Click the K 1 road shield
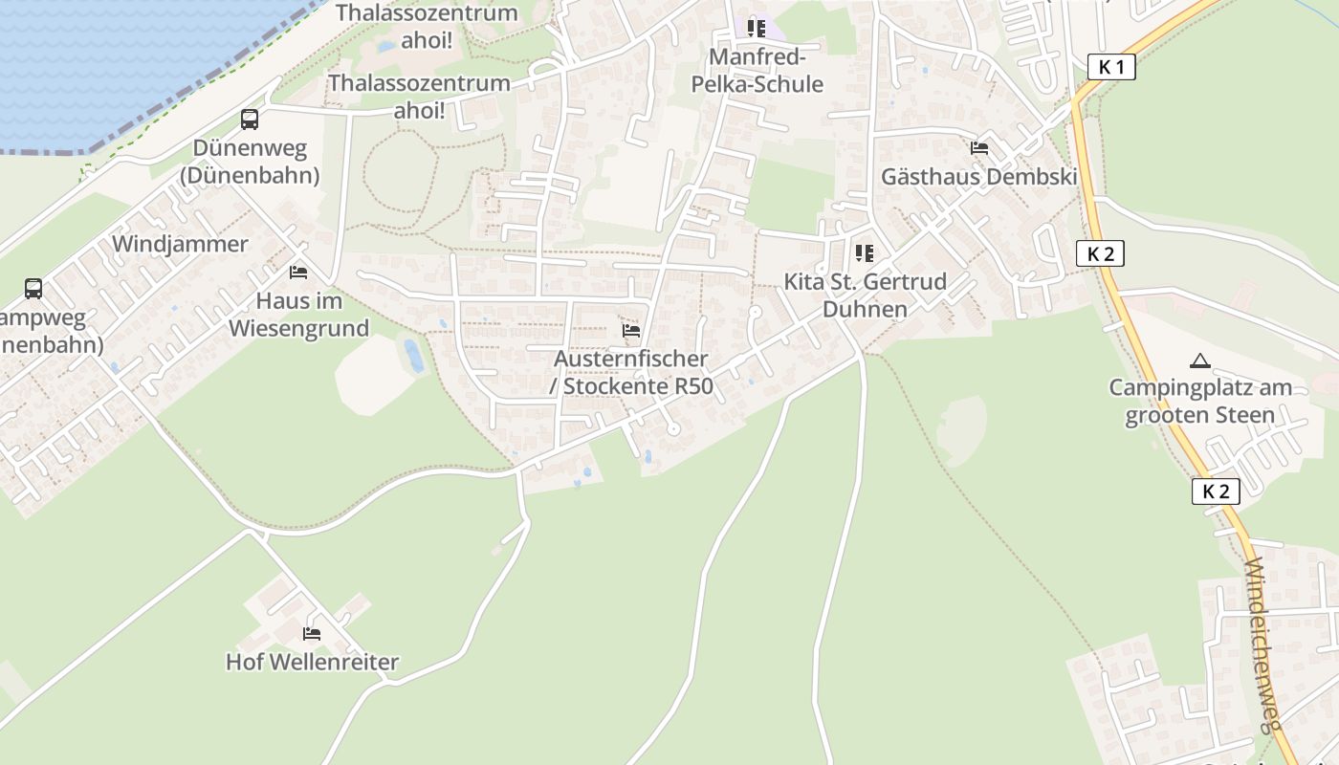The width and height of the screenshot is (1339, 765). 1111,67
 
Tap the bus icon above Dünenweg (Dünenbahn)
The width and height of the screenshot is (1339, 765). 250,120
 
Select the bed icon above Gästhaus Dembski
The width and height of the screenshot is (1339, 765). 979,148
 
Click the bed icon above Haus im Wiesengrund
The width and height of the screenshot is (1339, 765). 298,273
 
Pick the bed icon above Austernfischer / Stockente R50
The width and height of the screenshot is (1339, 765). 631,331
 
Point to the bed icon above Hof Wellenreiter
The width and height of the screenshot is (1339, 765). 312,633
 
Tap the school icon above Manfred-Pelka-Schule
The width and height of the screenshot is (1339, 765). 757,29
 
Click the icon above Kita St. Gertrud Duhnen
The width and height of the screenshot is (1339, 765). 865,253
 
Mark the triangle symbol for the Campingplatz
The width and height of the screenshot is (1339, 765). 1199,361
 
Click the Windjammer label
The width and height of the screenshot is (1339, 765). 180,244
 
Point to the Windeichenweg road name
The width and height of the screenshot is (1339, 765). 1262,645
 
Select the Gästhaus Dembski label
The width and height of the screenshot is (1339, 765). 979,177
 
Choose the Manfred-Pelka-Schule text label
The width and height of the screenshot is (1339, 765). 757,71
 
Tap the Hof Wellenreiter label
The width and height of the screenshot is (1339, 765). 312,662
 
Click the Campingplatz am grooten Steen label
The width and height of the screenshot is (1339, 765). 1199,402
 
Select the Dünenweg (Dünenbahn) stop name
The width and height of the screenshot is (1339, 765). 250,162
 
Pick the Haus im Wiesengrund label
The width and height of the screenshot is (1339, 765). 298,315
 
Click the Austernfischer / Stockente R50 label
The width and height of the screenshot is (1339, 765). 631,372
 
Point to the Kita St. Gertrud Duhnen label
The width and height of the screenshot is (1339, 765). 865,295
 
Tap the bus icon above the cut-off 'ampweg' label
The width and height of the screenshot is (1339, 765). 33,288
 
